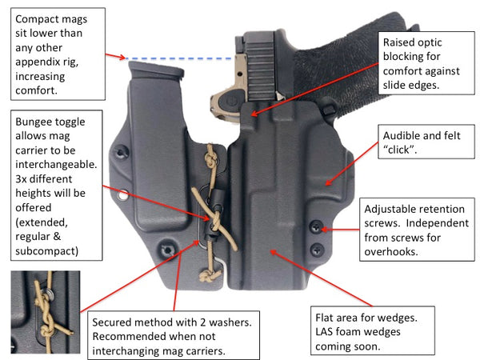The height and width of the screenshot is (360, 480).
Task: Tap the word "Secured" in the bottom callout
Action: [120, 322]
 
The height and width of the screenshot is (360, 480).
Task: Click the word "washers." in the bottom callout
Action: [237, 322]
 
